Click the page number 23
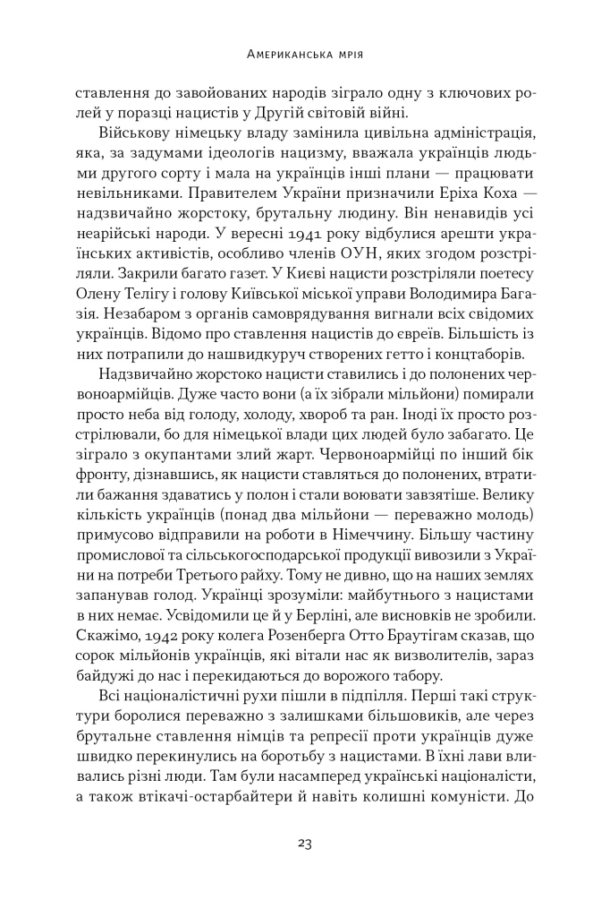[304, 843]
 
